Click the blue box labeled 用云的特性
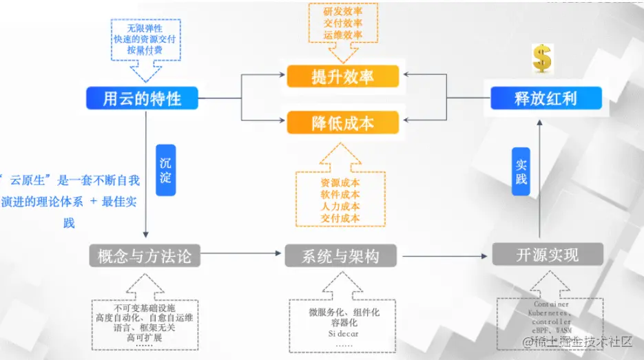(142, 98)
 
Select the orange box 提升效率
(342, 76)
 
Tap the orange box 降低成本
(342, 123)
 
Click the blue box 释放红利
(546, 98)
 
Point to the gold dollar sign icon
(542, 59)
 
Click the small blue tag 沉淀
(165, 169)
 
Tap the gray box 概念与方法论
(144, 256)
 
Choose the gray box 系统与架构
(342, 256)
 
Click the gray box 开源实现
(548, 255)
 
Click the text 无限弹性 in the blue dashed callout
(145, 28)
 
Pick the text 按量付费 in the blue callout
(145, 50)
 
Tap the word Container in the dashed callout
(551, 304)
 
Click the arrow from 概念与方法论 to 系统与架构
(241, 255)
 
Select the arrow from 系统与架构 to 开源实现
(445, 255)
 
